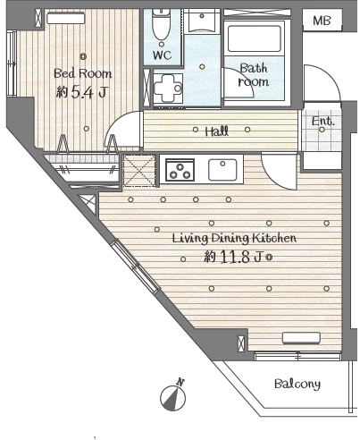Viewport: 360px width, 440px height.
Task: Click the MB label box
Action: (x=322, y=20)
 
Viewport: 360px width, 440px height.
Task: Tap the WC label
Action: (x=163, y=55)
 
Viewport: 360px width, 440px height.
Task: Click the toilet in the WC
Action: (x=161, y=24)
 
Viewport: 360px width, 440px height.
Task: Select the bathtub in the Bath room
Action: (x=255, y=38)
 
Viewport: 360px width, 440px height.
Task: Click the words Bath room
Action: (x=254, y=75)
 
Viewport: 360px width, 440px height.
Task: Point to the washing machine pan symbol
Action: (x=168, y=89)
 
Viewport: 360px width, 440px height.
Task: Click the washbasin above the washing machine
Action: (x=202, y=21)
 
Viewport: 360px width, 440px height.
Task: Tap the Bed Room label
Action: (x=83, y=73)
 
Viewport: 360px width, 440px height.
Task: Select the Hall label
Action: (x=217, y=131)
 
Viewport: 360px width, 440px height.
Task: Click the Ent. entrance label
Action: (x=323, y=122)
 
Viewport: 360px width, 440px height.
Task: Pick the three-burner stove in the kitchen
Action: (x=180, y=170)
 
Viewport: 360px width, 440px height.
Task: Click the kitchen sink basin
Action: (x=222, y=170)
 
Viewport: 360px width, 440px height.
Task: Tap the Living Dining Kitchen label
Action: (x=234, y=238)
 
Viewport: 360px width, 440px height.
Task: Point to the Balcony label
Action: (x=297, y=384)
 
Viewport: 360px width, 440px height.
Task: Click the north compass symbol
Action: (x=173, y=395)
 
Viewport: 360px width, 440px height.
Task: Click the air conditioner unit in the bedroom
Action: (x=66, y=18)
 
